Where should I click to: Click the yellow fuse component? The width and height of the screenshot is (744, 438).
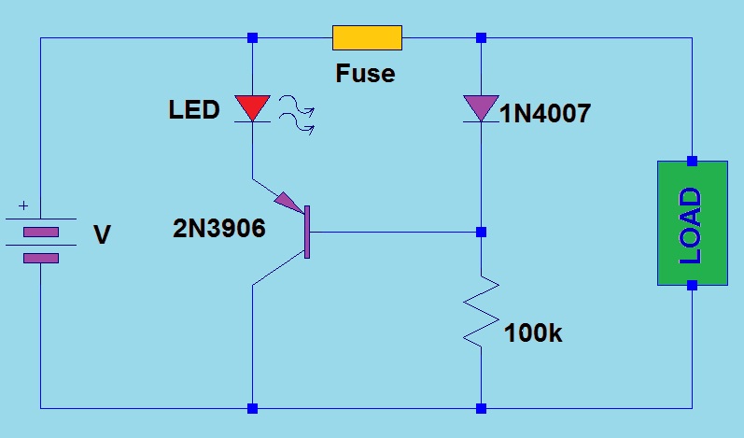pos(367,37)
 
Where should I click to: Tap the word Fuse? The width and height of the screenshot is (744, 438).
pos(365,73)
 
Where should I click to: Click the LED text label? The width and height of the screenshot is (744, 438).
pos(194,110)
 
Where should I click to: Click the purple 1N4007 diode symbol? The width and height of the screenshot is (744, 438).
pos(481,107)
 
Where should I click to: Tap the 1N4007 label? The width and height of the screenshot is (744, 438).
pos(545,114)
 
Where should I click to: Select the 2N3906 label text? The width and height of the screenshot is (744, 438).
pos(219,228)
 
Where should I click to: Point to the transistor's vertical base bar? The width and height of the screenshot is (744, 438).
pos(307,231)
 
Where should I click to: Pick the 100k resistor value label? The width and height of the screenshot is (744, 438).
pos(533,332)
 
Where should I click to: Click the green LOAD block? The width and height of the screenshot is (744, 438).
pos(692,223)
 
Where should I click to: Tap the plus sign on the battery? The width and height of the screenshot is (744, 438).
pos(23,206)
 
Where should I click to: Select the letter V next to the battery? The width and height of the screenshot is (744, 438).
pos(103,235)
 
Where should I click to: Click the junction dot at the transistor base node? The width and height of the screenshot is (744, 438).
pos(481,231)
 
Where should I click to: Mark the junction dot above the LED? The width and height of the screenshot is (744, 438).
pos(252,37)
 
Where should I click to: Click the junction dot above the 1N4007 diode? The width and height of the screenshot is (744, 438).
pos(481,37)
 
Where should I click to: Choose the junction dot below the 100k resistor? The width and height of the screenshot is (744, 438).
pos(481,408)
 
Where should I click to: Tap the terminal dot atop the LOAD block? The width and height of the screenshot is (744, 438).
pos(692,160)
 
